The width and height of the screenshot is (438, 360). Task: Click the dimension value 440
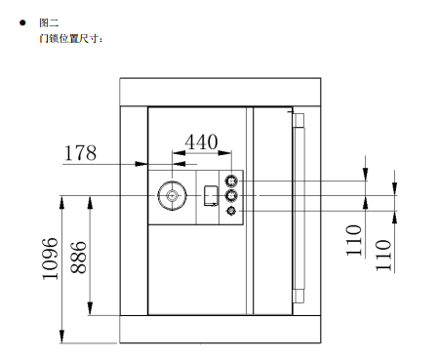(x=201, y=140)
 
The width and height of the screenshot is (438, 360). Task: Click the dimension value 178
(x=80, y=152)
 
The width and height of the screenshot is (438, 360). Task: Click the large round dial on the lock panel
(x=173, y=196)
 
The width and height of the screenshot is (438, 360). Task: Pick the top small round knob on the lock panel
(x=232, y=180)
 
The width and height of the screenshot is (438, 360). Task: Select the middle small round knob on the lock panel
(x=232, y=196)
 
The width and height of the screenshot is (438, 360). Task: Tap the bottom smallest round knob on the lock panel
(x=232, y=211)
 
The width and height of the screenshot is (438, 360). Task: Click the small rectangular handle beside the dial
(x=210, y=196)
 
